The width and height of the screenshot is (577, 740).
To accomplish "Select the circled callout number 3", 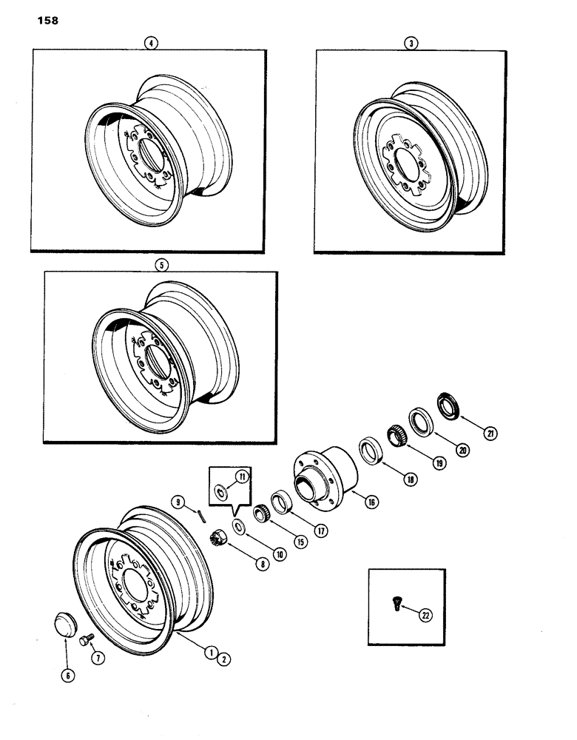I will (x=411, y=44).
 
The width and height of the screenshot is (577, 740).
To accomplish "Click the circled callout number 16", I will (x=371, y=502).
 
